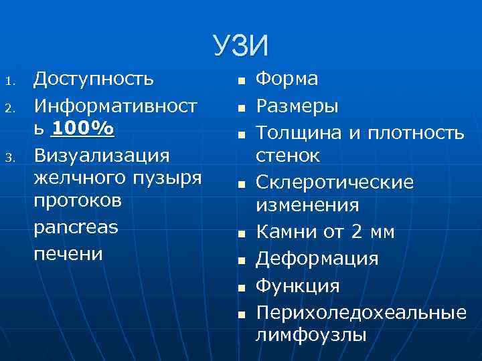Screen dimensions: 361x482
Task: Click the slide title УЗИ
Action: point(241,46)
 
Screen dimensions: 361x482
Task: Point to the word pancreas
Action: point(76,227)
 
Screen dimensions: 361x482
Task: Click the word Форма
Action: point(288,80)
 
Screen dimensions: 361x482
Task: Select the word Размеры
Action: point(298,106)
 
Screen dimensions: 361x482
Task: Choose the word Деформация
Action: point(317,258)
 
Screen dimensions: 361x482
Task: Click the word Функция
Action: point(298,285)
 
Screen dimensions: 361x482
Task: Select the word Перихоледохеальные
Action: point(361,312)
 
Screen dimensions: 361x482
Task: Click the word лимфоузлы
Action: point(311,334)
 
